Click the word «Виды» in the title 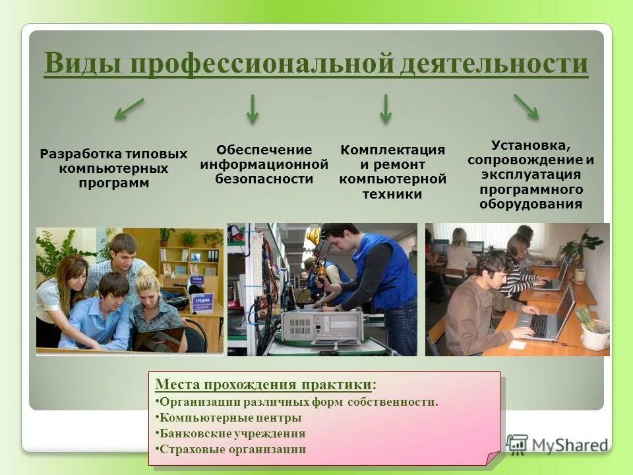[x=82, y=65]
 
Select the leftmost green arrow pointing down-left [x=129, y=109]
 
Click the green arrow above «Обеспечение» [x=253, y=109]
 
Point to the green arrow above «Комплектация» [x=386, y=109]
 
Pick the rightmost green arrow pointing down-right [x=526, y=107]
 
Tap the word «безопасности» [x=264, y=179]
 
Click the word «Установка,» [x=531, y=145]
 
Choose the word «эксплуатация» [x=531, y=175]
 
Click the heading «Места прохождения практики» [x=263, y=385]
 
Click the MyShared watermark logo [x=557, y=444]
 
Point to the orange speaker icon [x=314, y=236]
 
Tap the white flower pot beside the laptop [x=595, y=337]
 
